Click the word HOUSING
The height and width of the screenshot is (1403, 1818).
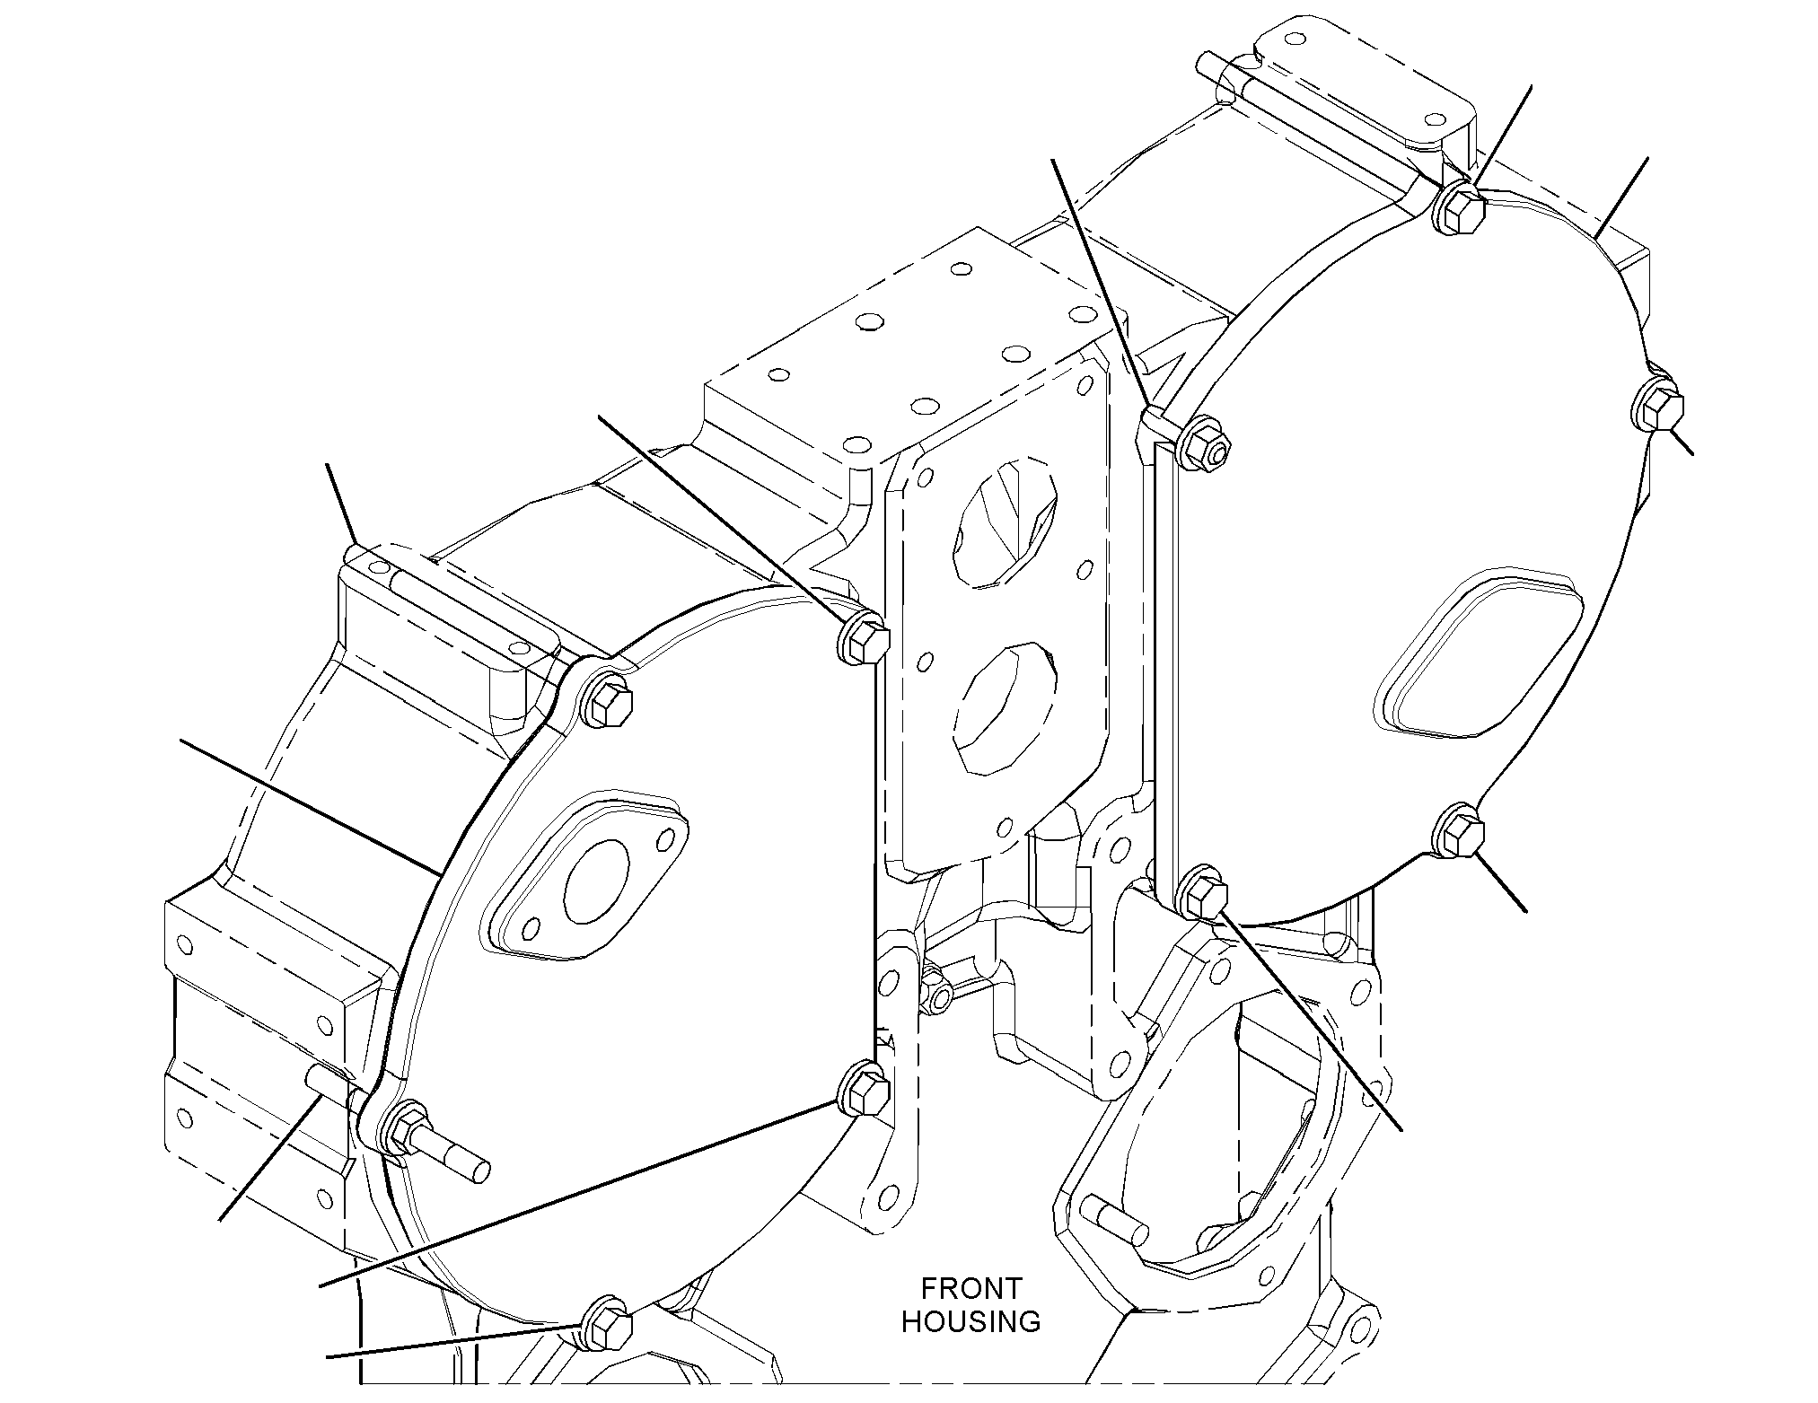click(971, 1321)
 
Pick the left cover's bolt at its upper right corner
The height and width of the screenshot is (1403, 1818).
click(862, 638)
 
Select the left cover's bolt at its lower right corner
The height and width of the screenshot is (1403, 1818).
click(864, 1089)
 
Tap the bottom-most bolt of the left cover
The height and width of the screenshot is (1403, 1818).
click(608, 1324)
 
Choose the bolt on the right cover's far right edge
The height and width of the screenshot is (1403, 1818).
click(1657, 409)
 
